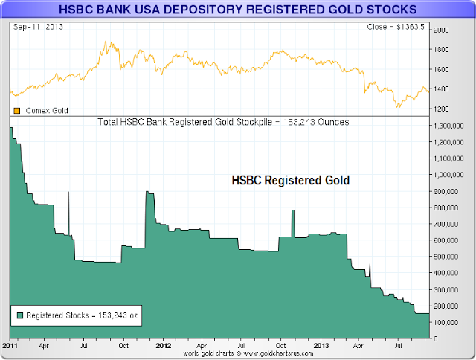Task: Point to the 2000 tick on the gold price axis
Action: tap(443, 30)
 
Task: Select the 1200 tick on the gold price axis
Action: tap(443, 109)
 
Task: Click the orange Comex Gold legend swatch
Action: tap(17, 111)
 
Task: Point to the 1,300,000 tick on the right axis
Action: tap(453, 127)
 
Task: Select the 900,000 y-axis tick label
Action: tap(451, 192)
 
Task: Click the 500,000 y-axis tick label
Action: tap(451, 257)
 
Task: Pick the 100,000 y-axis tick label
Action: tap(451, 322)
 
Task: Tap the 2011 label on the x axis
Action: tap(10, 346)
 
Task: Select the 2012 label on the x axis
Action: tap(163, 346)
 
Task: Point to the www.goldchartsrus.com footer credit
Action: tap(259, 354)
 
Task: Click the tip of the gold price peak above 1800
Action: tap(108, 42)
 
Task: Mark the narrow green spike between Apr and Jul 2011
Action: tap(68, 193)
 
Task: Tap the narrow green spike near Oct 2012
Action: tap(293, 211)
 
